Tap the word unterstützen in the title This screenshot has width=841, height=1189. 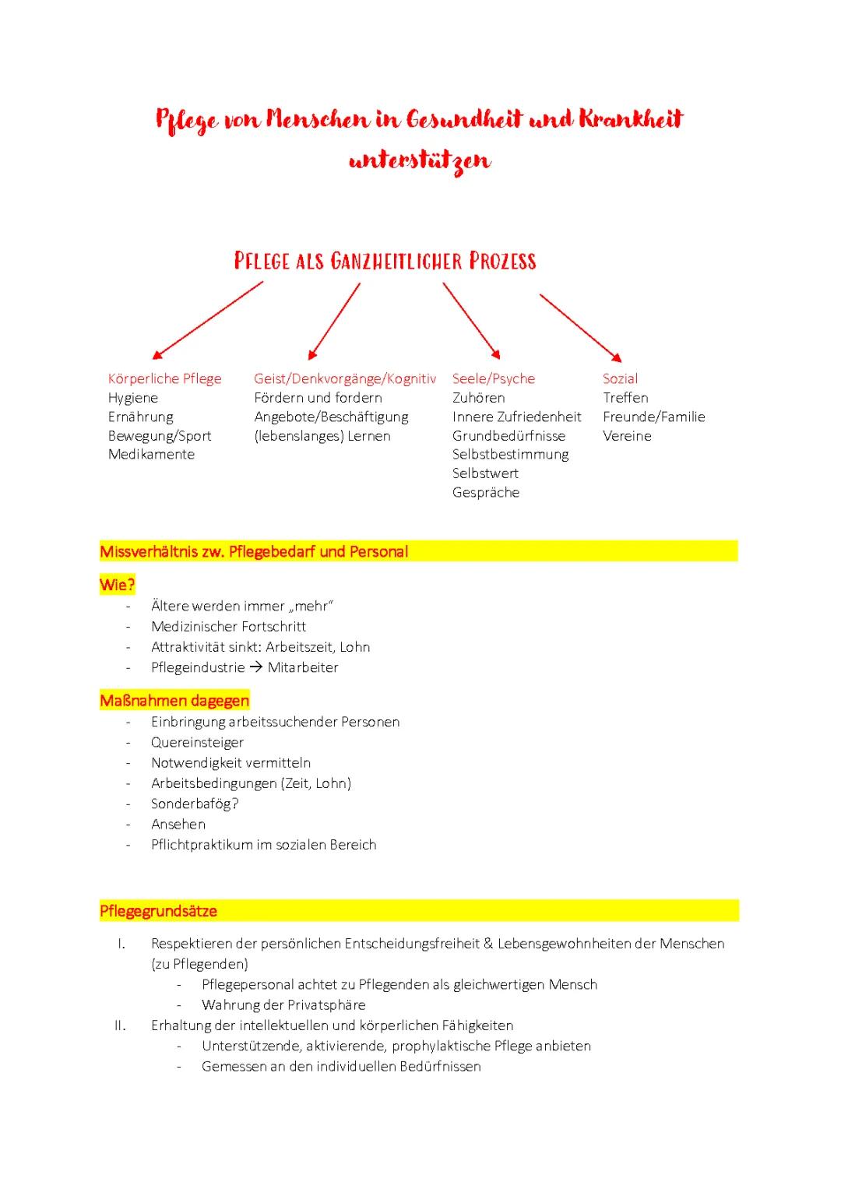[420, 160]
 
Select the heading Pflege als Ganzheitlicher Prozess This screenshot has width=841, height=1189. [385, 261]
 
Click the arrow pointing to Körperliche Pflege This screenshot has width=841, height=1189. [208, 319]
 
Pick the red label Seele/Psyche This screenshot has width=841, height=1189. [494, 379]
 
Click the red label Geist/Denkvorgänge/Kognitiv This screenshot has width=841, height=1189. [345, 379]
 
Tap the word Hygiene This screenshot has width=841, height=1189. [133, 398]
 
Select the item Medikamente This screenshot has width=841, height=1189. [152, 454]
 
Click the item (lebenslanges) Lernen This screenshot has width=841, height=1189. [322, 436]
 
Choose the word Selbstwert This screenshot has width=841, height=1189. [485, 473]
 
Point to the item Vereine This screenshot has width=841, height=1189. [627, 436]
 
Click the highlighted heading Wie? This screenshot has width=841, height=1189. [118, 584]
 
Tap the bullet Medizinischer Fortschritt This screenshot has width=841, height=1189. [228, 627]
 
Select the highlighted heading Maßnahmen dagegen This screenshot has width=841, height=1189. [174, 701]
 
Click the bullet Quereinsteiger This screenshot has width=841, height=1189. [197, 743]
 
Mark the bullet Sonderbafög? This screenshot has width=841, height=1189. [195, 804]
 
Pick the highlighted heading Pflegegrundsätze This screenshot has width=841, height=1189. [159, 911]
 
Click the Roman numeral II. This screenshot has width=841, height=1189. [120, 1025]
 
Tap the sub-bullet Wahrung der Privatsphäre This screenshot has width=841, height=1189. [283, 1005]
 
